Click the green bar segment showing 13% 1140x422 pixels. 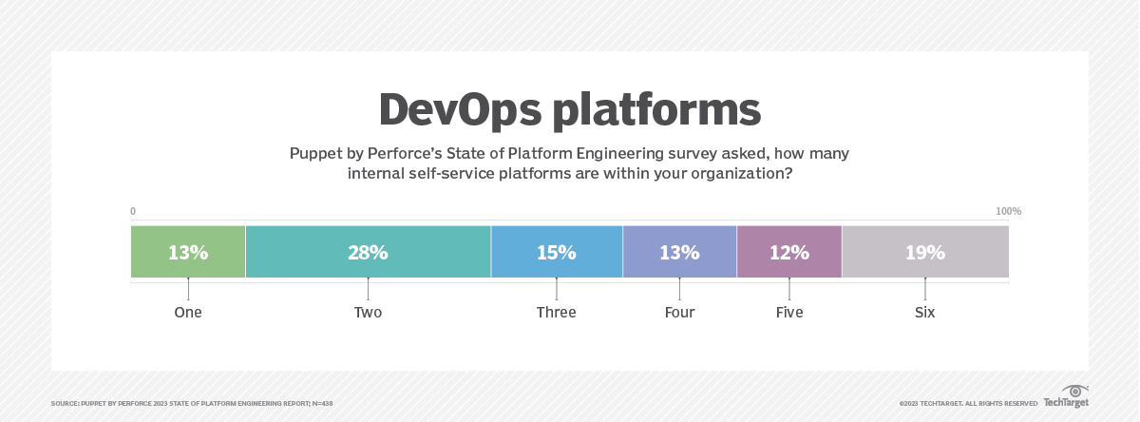tap(188, 253)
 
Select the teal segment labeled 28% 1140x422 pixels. tap(368, 253)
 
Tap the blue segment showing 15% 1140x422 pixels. tap(556, 253)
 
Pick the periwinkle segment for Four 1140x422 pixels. tap(679, 253)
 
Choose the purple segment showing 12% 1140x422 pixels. tap(789, 253)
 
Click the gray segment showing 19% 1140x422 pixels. tap(925, 253)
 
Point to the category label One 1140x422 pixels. tap(188, 312)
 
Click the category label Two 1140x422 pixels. tap(368, 312)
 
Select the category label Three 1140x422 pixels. tap(556, 312)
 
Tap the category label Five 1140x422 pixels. tap(789, 312)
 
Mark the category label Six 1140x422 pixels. tap(925, 312)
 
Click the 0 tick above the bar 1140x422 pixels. tap(133, 211)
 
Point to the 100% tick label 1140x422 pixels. tap(1008, 211)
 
